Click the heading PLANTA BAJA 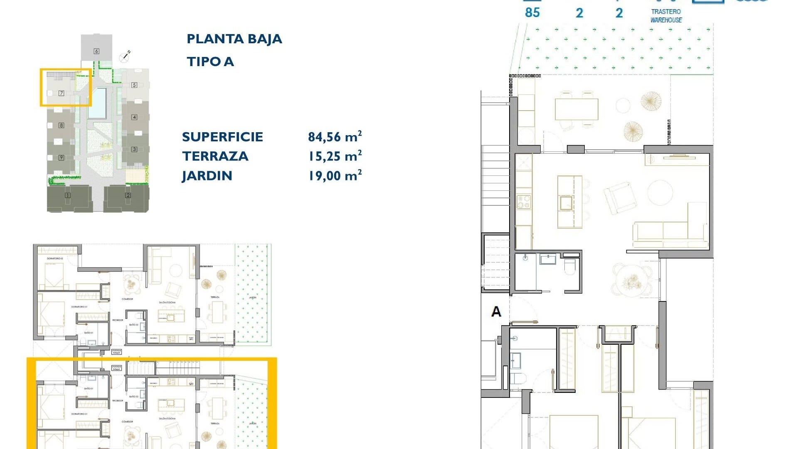pos(234,39)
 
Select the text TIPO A pos(210,62)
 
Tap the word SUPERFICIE pos(222,137)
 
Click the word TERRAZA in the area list pos(215,156)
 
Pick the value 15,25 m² pos(335,156)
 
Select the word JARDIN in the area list pos(207,176)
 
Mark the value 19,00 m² pos(335,175)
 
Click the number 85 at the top pos(532,12)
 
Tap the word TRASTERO pos(666,12)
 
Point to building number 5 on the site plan pos(134,85)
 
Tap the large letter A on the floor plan pos(496,311)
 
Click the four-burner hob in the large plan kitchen pos(524,202)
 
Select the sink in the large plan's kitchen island pos(566,203)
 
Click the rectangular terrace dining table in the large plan pos(576,109)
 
